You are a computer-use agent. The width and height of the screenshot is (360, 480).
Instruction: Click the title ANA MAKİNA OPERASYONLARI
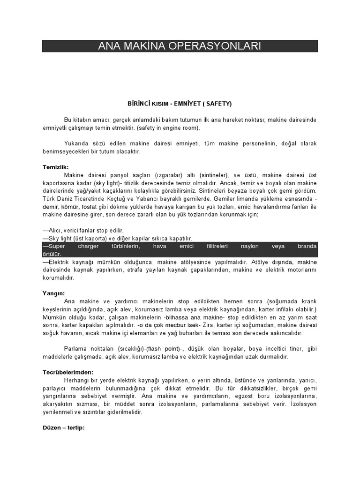pos(180,46)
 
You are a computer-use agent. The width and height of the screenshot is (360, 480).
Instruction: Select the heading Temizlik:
pos(56,167)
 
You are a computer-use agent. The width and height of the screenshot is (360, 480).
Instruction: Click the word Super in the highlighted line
pos(55,246)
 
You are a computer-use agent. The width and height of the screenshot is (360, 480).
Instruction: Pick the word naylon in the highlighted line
pos(249,246)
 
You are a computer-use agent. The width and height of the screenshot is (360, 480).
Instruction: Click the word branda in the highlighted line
pos(307,246)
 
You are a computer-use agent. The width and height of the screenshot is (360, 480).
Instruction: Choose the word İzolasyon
pos(304,404)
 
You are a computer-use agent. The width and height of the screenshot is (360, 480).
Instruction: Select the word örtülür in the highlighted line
pos(52,254)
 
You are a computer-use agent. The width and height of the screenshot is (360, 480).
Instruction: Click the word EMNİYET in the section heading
pos(182,103)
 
